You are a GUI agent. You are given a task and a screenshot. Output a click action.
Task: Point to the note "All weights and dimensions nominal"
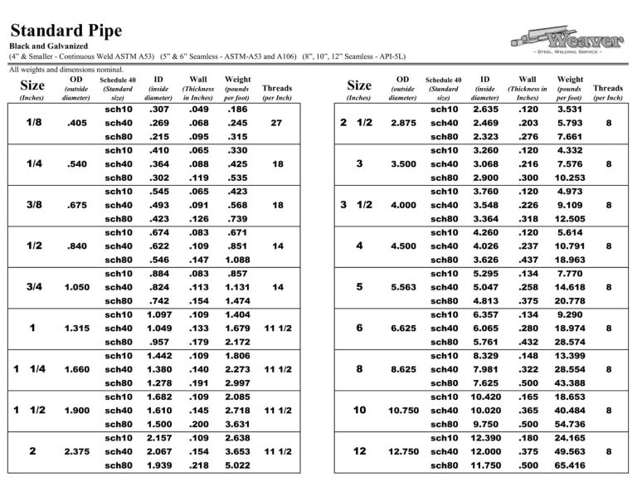[x=66, y=70]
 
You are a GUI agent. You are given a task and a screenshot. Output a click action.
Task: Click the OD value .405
[x=75, y=123]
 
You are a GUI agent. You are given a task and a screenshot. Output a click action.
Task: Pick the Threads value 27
[x=276, y=123]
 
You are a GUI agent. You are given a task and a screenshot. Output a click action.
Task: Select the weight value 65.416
[x=570, y=465]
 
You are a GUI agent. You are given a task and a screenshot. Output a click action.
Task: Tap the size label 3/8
[x=34, y=205]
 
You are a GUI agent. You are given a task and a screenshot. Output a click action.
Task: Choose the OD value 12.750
[x=402, y=451]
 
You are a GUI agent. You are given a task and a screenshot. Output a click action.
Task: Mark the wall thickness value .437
[x=528, y=260]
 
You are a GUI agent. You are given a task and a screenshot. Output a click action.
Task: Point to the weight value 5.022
[x=238, y=465]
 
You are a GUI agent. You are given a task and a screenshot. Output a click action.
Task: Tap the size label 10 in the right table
[x=359, y=410]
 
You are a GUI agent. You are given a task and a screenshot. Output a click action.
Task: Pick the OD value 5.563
[x=402, y=287]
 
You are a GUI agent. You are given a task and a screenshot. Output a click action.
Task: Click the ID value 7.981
[x=485, y=369]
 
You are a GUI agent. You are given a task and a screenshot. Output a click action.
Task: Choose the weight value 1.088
[x=238, y=260]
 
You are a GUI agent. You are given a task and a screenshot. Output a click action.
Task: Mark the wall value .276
[x=528, y=137]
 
